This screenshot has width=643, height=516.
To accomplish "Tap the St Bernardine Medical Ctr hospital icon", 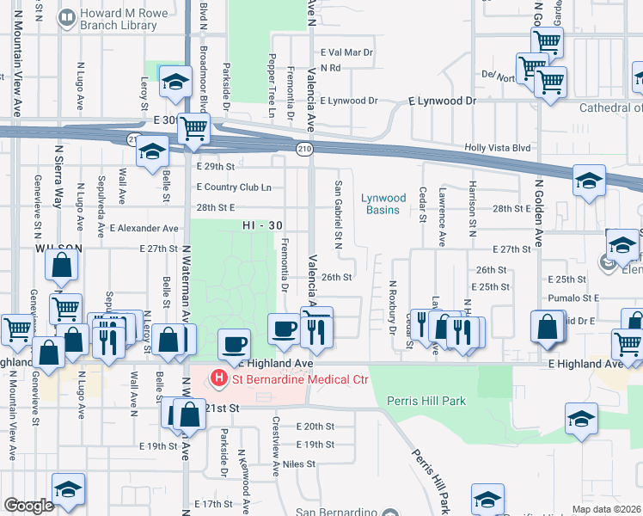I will (219, 378).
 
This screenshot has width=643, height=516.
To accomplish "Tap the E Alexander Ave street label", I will (144, 229).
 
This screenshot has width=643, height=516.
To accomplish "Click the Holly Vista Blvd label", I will (498, 148).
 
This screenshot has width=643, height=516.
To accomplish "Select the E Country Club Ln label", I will (234, 187).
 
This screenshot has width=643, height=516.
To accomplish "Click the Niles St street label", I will (300, 464).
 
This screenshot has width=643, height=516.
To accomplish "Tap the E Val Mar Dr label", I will (347, 52).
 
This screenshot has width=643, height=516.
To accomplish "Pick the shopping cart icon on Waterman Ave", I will (193, 129).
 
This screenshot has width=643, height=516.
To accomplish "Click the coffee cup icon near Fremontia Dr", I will (285, 328).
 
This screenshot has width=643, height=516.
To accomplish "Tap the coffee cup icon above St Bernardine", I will (234, 344).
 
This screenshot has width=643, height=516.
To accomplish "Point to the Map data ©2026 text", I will (607, 509).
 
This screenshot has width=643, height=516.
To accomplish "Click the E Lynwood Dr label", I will (348, 101).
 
